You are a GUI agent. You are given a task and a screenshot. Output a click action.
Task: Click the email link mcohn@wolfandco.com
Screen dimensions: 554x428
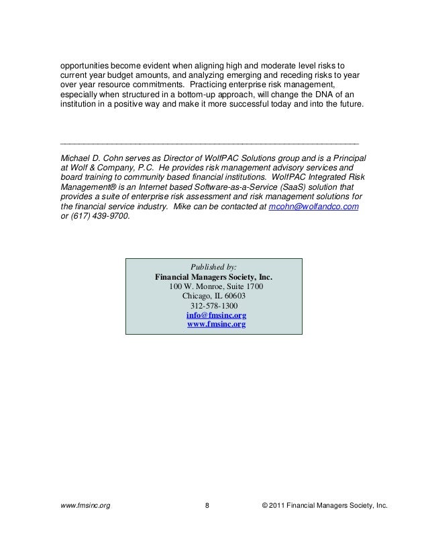(313, 208)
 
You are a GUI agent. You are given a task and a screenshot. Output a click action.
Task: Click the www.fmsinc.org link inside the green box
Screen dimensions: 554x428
(215, 325)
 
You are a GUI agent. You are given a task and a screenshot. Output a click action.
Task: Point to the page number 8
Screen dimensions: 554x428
(207, 522)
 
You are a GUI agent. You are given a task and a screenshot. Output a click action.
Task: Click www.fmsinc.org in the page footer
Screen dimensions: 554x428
(86, 522)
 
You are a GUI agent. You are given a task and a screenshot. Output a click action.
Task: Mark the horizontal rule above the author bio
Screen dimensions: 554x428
(209, 143)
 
